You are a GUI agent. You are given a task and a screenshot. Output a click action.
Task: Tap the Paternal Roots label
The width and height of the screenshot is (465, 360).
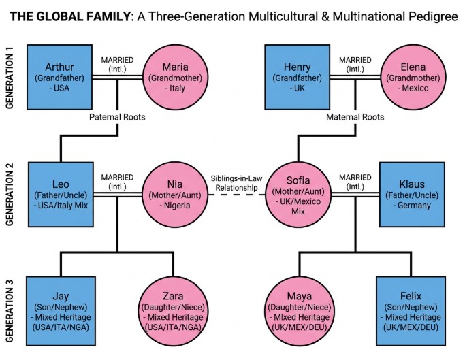(x=118, y=117)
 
